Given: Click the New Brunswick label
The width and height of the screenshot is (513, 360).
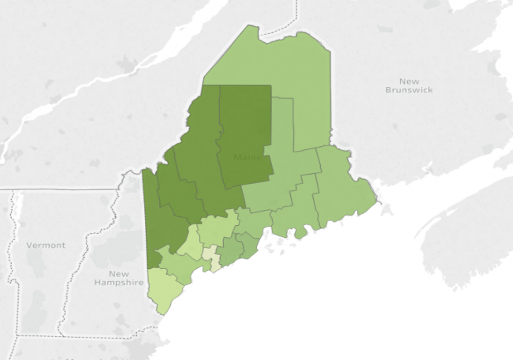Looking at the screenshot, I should (409, 85).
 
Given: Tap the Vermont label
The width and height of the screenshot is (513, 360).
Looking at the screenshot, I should (46, 245).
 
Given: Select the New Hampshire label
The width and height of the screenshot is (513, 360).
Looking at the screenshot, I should (119, 278).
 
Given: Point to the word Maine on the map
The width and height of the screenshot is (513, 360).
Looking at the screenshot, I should (247, 158).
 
